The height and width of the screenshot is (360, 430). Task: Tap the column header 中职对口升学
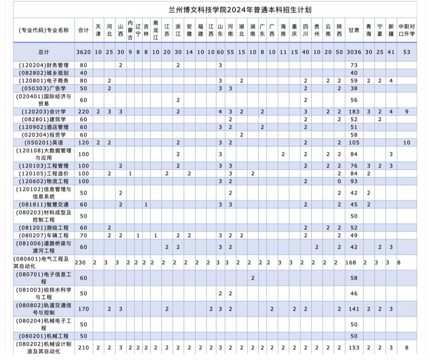click(407, 30)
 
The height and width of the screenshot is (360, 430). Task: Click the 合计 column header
click(83, 30)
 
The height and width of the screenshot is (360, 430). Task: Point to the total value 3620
click(83, 52)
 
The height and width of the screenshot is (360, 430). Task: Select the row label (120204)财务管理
click(44, 65)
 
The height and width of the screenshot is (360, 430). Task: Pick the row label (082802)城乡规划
click(44, 73)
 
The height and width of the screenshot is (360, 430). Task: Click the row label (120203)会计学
click(44, 111)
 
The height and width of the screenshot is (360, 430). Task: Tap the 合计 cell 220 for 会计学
click(83, 111)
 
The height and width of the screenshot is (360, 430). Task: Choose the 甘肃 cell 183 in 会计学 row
click(354, 111)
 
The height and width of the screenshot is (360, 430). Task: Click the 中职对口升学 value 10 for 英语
click(407, 142)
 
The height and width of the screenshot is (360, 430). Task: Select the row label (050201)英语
click(44, 142)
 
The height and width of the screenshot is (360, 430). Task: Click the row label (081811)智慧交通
click(44, 204)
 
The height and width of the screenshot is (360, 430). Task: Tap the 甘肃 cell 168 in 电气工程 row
click(354, 262)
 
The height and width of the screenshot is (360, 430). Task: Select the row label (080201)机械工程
click(44, 336)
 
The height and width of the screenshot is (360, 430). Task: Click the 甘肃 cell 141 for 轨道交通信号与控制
click(354, 309)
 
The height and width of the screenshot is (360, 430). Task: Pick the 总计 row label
click(44, 52)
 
